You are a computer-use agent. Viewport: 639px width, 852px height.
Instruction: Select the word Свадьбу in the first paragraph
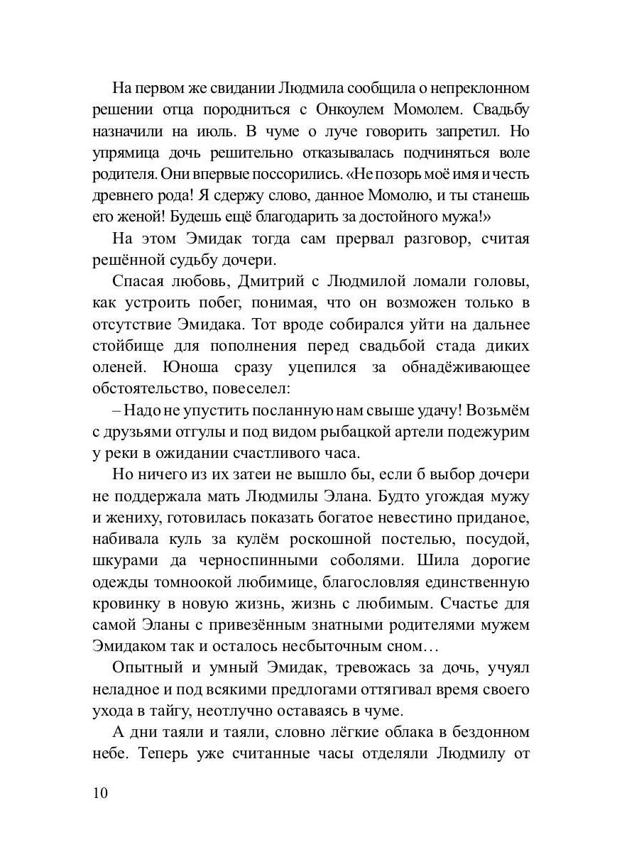(x=496, y=111)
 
